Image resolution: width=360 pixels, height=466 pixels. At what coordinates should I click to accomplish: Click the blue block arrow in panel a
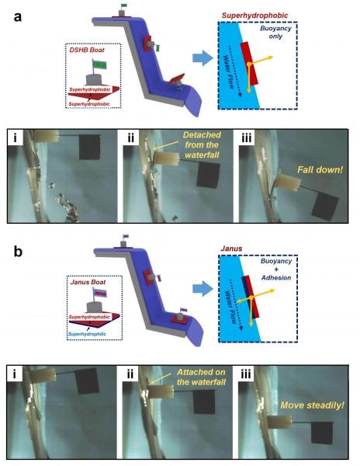pyautogui.click(x=202, y=58)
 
